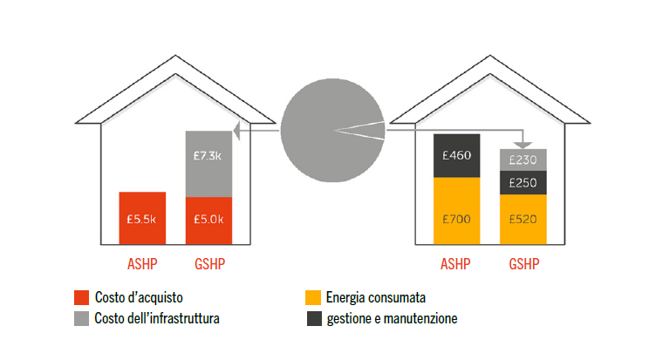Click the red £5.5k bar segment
coord(142,218)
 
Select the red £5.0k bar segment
coord(208,221)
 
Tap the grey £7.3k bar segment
coord(208,164)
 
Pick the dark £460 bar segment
coord(456,156)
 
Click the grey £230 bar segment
coord(523,160)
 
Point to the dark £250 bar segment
coord(523,182)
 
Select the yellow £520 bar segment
coord(523,219)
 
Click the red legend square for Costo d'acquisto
coord(82,297)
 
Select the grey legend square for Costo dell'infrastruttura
coord(82,319)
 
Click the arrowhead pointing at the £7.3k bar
coord(236,132)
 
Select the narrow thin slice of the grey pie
coord(362,130)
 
